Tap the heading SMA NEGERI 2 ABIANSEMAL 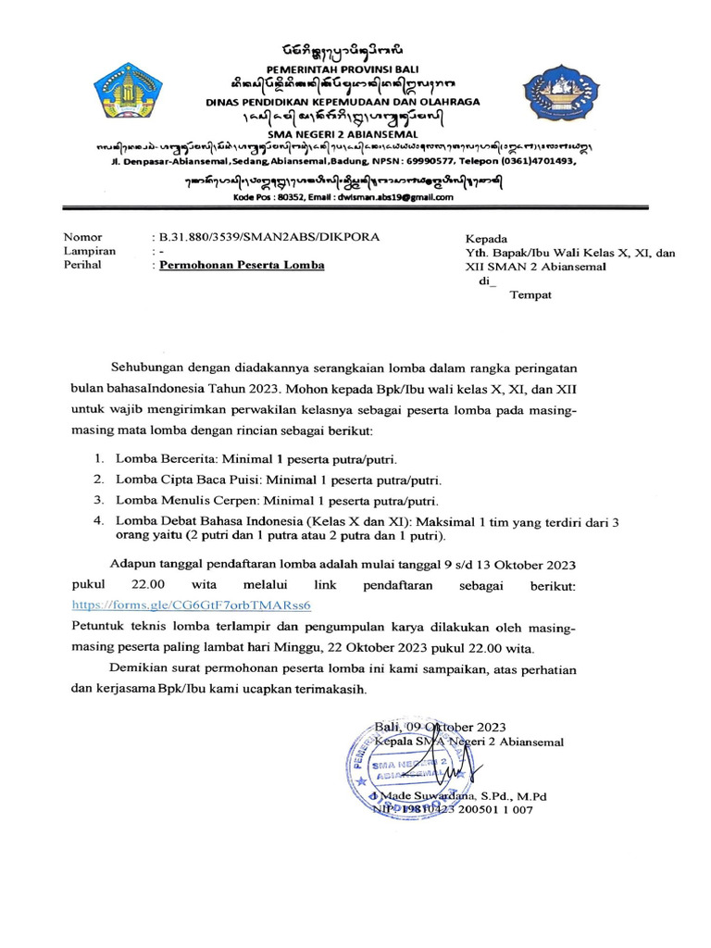[x=354, y=133]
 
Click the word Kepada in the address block [x=486, y=238]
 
